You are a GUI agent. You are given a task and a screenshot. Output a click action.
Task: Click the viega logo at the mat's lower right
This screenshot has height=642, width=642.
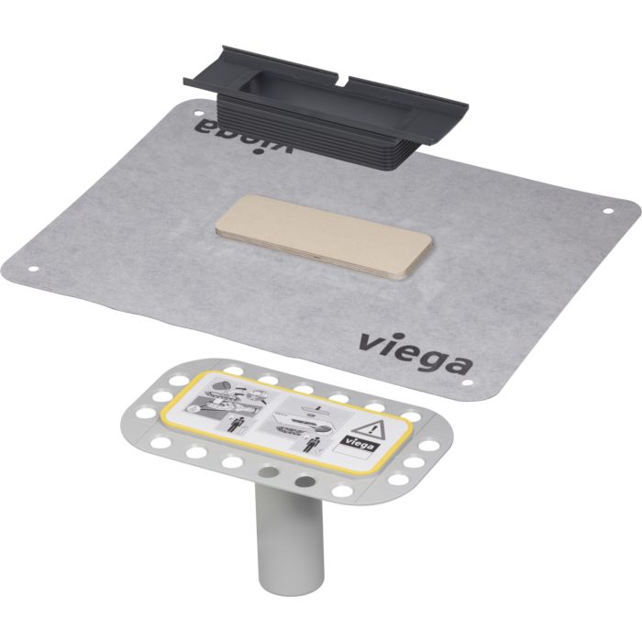(x=415, y=354)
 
